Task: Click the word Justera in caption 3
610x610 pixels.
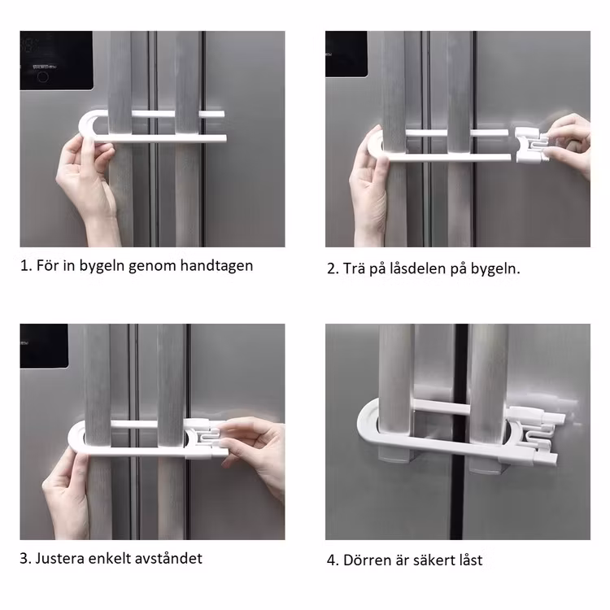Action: click(60, 558)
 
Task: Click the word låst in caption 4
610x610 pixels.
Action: click(469, 560)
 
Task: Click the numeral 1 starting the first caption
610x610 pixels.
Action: click(24, 266)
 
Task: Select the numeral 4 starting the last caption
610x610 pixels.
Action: click(331, 560)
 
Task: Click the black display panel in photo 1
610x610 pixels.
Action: click(56, 60)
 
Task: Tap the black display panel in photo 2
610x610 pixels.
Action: click(346, 54)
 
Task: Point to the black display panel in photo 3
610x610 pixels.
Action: click(44, 346)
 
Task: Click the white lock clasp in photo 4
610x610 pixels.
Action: click(536, 435)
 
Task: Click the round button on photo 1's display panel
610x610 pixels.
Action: click(43, 76)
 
